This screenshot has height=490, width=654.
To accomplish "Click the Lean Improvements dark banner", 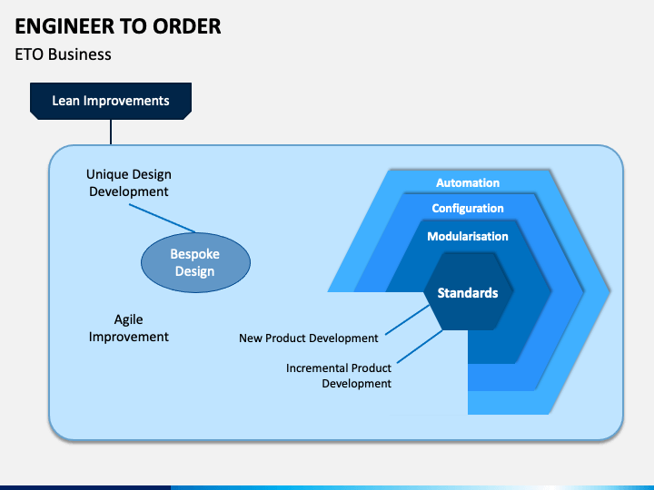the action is coord(111,101).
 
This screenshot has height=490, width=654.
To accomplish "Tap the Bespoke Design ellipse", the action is coord(195,262).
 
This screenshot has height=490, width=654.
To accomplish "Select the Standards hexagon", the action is coord(468,291).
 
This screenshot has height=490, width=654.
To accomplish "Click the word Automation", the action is coord(468,182).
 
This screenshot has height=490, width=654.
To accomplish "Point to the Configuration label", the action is coord(468,209).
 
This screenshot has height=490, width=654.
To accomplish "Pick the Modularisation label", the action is coord(468,236).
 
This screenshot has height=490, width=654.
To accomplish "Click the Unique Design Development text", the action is coord(129,183).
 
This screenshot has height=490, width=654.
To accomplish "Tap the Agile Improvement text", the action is coord(129,328).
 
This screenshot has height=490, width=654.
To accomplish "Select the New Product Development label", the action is coord(309,338).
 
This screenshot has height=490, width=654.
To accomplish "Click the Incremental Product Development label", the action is coord(339,376).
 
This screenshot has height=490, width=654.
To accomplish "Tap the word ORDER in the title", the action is coord(186,26).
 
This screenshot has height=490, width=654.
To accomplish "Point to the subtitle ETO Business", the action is coord(63,54).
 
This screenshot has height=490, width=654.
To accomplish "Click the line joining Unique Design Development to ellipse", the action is coord(163,218).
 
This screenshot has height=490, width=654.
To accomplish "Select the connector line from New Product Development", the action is coord(408,319).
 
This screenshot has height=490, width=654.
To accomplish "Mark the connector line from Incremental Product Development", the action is coord(420,347).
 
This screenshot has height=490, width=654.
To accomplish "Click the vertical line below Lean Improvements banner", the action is coord(111,132).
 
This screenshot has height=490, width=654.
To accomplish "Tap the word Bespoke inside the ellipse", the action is coord(194,254).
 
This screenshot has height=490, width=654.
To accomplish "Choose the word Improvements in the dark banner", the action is coord(126,101).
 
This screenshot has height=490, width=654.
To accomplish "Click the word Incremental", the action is coord(312,367).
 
